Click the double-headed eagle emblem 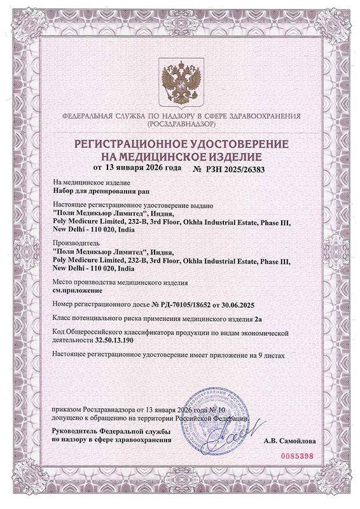(x=180, y=81)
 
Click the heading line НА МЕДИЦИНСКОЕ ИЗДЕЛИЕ (x=180, y=155)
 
